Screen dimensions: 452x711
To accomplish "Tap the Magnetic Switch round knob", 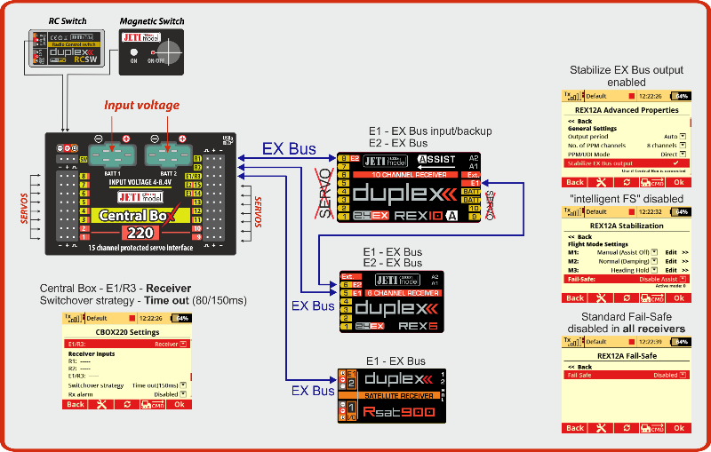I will click(x=161, y=50).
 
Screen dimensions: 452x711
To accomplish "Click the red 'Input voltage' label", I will click(x=141, y=106).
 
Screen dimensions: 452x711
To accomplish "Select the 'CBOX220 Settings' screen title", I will click(x=127, y=332).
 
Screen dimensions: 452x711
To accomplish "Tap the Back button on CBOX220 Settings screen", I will click(x=76, y=404).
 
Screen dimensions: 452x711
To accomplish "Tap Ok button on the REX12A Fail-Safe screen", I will click(x=677, y=428).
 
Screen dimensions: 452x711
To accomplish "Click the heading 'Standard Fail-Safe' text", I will click(x=626, y=317).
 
